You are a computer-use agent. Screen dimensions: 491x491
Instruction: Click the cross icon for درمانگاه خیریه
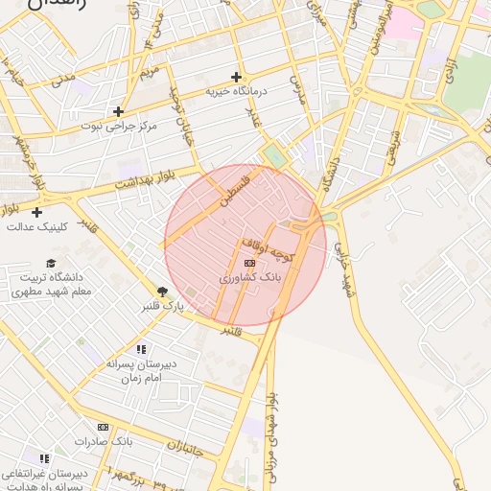coord(237,77)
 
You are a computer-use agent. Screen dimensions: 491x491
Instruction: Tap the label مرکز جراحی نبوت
coord(119,127)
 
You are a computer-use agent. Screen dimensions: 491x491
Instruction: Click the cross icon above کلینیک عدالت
coord(37,212)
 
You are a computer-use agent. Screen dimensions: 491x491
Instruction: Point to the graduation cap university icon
coord(51,263)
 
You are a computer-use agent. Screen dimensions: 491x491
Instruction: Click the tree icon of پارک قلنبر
coord(163,292)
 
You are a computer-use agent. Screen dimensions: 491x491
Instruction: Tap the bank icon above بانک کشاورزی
coord(250,262)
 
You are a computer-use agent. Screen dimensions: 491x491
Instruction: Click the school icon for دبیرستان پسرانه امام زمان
coord(142,350)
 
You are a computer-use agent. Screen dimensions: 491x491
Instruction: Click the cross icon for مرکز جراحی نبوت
coord(119,111)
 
